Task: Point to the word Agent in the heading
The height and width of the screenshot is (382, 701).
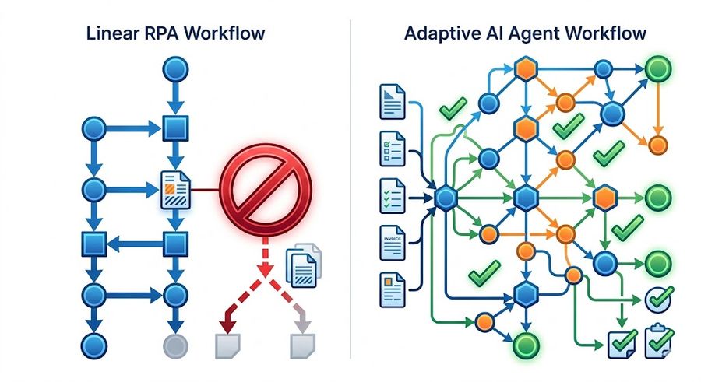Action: (532, 33)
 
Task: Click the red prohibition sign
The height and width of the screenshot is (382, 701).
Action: (266, 188)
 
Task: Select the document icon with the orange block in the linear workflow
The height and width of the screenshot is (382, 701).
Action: (173, 189)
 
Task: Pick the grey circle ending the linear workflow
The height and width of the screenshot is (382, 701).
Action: (174, 345)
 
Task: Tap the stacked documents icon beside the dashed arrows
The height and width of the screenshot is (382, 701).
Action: (304, 263)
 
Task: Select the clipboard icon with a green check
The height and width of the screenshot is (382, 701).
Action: (660, 339)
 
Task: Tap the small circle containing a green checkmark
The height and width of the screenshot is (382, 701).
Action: (657, 298)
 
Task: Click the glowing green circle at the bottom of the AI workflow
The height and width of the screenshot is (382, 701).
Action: (526, 343)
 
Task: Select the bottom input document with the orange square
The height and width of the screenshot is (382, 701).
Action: (392, 288)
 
